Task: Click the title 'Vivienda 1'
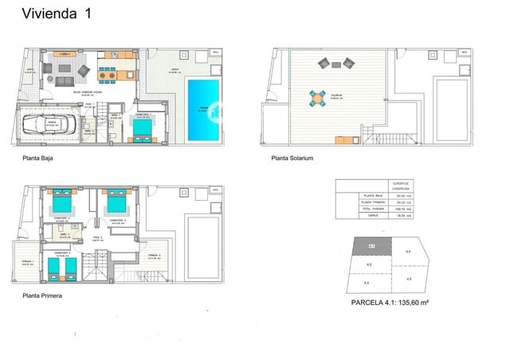pyautogui.click(x=56, y=14)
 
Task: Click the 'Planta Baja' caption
pyautogui.click(x=39, y=158)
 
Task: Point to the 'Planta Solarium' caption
pyautogui.click(x=292, y=158)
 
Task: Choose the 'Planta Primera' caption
pyautogui.click(x=43, y=295)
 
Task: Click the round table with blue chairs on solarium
pyautogui.click(x=319, y=100)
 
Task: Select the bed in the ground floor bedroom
pyautogui.click(x=144, y=128)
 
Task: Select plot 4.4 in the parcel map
pyautogui.click(x=409, y=252)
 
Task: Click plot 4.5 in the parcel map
pyautogui.click(x=408, y=278)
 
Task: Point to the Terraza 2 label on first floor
pyautogui.click(x=154, y=255)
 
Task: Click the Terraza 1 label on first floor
pyautogui.click(x=28, y=261)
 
